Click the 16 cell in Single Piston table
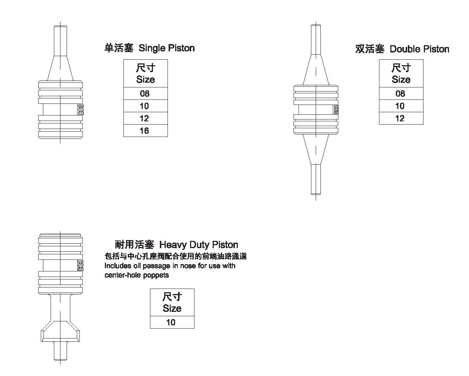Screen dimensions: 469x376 click(x=146, y=131)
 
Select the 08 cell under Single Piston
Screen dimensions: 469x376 click(x=146, y=94)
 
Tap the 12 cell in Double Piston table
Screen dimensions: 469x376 click(x=401, y=118)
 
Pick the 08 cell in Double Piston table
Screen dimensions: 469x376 click(x=401, y=94)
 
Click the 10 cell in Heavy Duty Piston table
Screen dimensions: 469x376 click(x=172, y=322)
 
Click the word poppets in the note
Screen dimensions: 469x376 click(x=156, y=275)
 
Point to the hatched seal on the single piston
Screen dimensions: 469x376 click(x=81, y=110)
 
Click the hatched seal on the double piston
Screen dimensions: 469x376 click(x=336, y=110)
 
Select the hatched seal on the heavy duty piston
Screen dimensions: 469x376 click(x=80, y=266)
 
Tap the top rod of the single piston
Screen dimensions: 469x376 click(x=60, y=41)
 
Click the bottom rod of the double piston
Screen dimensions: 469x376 click(x=316, y=179)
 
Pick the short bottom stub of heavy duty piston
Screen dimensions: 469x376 click(x=60, y=351)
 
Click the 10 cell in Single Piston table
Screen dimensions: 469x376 click(x=146, y=106)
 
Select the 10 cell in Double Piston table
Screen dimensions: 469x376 click(x=401, y=106)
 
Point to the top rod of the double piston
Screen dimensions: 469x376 click(x=316, y=39)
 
